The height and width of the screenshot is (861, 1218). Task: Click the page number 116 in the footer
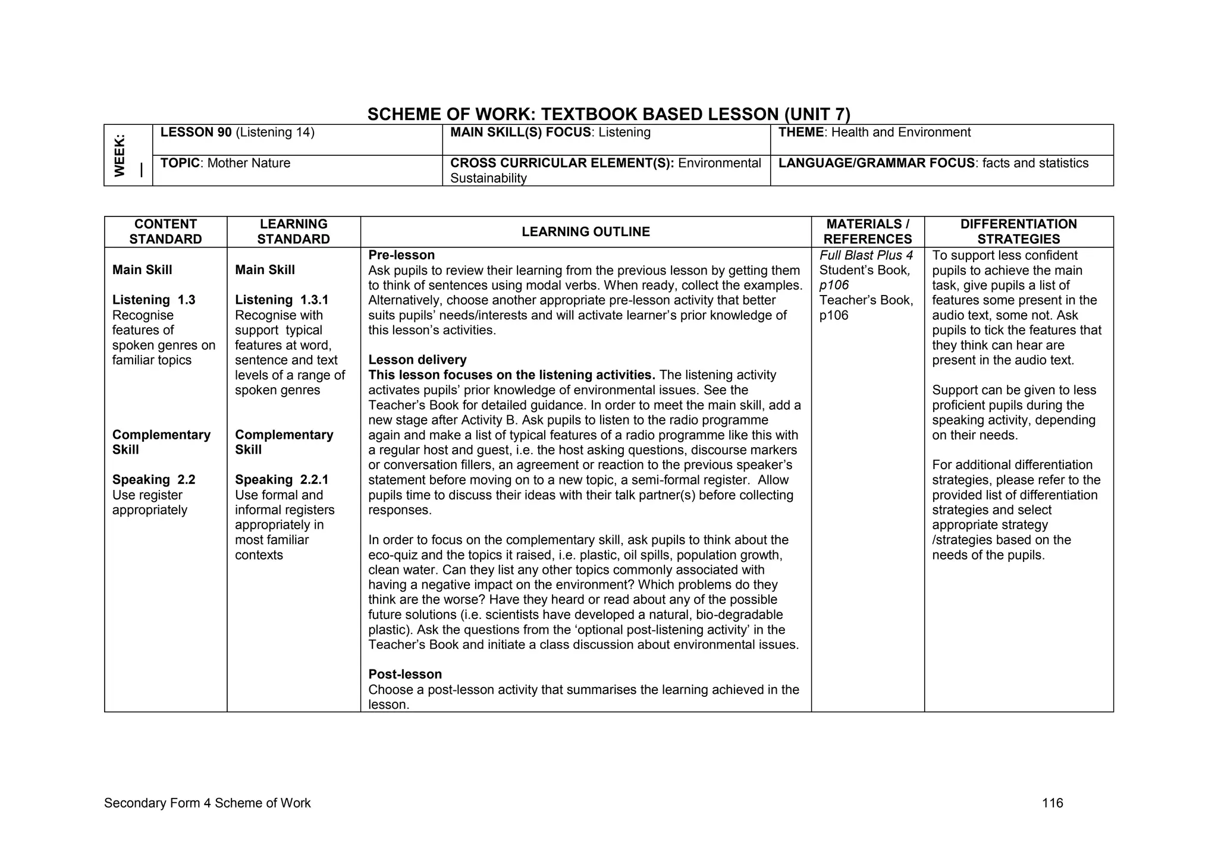pyautogui.click(x=1052, y=803)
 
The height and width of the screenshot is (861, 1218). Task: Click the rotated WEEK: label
pyautogui.click(x=120, y=156)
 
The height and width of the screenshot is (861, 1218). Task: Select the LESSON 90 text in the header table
pyautogui.click(x=196, y=133)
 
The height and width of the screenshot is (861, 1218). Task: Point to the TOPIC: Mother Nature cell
pyautogui.click(x=225, y=164)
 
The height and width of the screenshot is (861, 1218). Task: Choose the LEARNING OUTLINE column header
pyautogui.click(x=585, y=232)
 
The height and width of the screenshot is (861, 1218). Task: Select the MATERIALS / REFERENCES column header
pyautogui.click(x=867, y=232)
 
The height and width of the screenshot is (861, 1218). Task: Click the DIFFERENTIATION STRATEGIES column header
pyautogui.click(x=1018, y=232)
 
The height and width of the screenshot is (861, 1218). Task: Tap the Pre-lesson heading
pyautogui.click(x=401, y=255)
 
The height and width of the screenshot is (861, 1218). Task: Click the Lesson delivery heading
pyautogui.click(x=417, y=360)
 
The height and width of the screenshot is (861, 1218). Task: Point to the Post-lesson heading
pyautogui.click(x=404, y=674)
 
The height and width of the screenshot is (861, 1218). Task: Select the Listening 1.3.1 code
pyautogui.click(x=281, y=300)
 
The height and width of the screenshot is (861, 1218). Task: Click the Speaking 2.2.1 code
pyautogui.click(x=281, y=480)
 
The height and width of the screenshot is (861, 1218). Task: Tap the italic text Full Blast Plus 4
pyautogui.click(x=865, y=256)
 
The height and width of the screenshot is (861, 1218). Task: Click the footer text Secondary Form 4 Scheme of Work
pyautogui.click(x=207, y=803)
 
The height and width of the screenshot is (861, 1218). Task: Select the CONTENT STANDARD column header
pyautogui.click(x=165, y=232)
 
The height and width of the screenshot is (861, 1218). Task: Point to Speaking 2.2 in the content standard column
pyautogui.click(x=153, y=480)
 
